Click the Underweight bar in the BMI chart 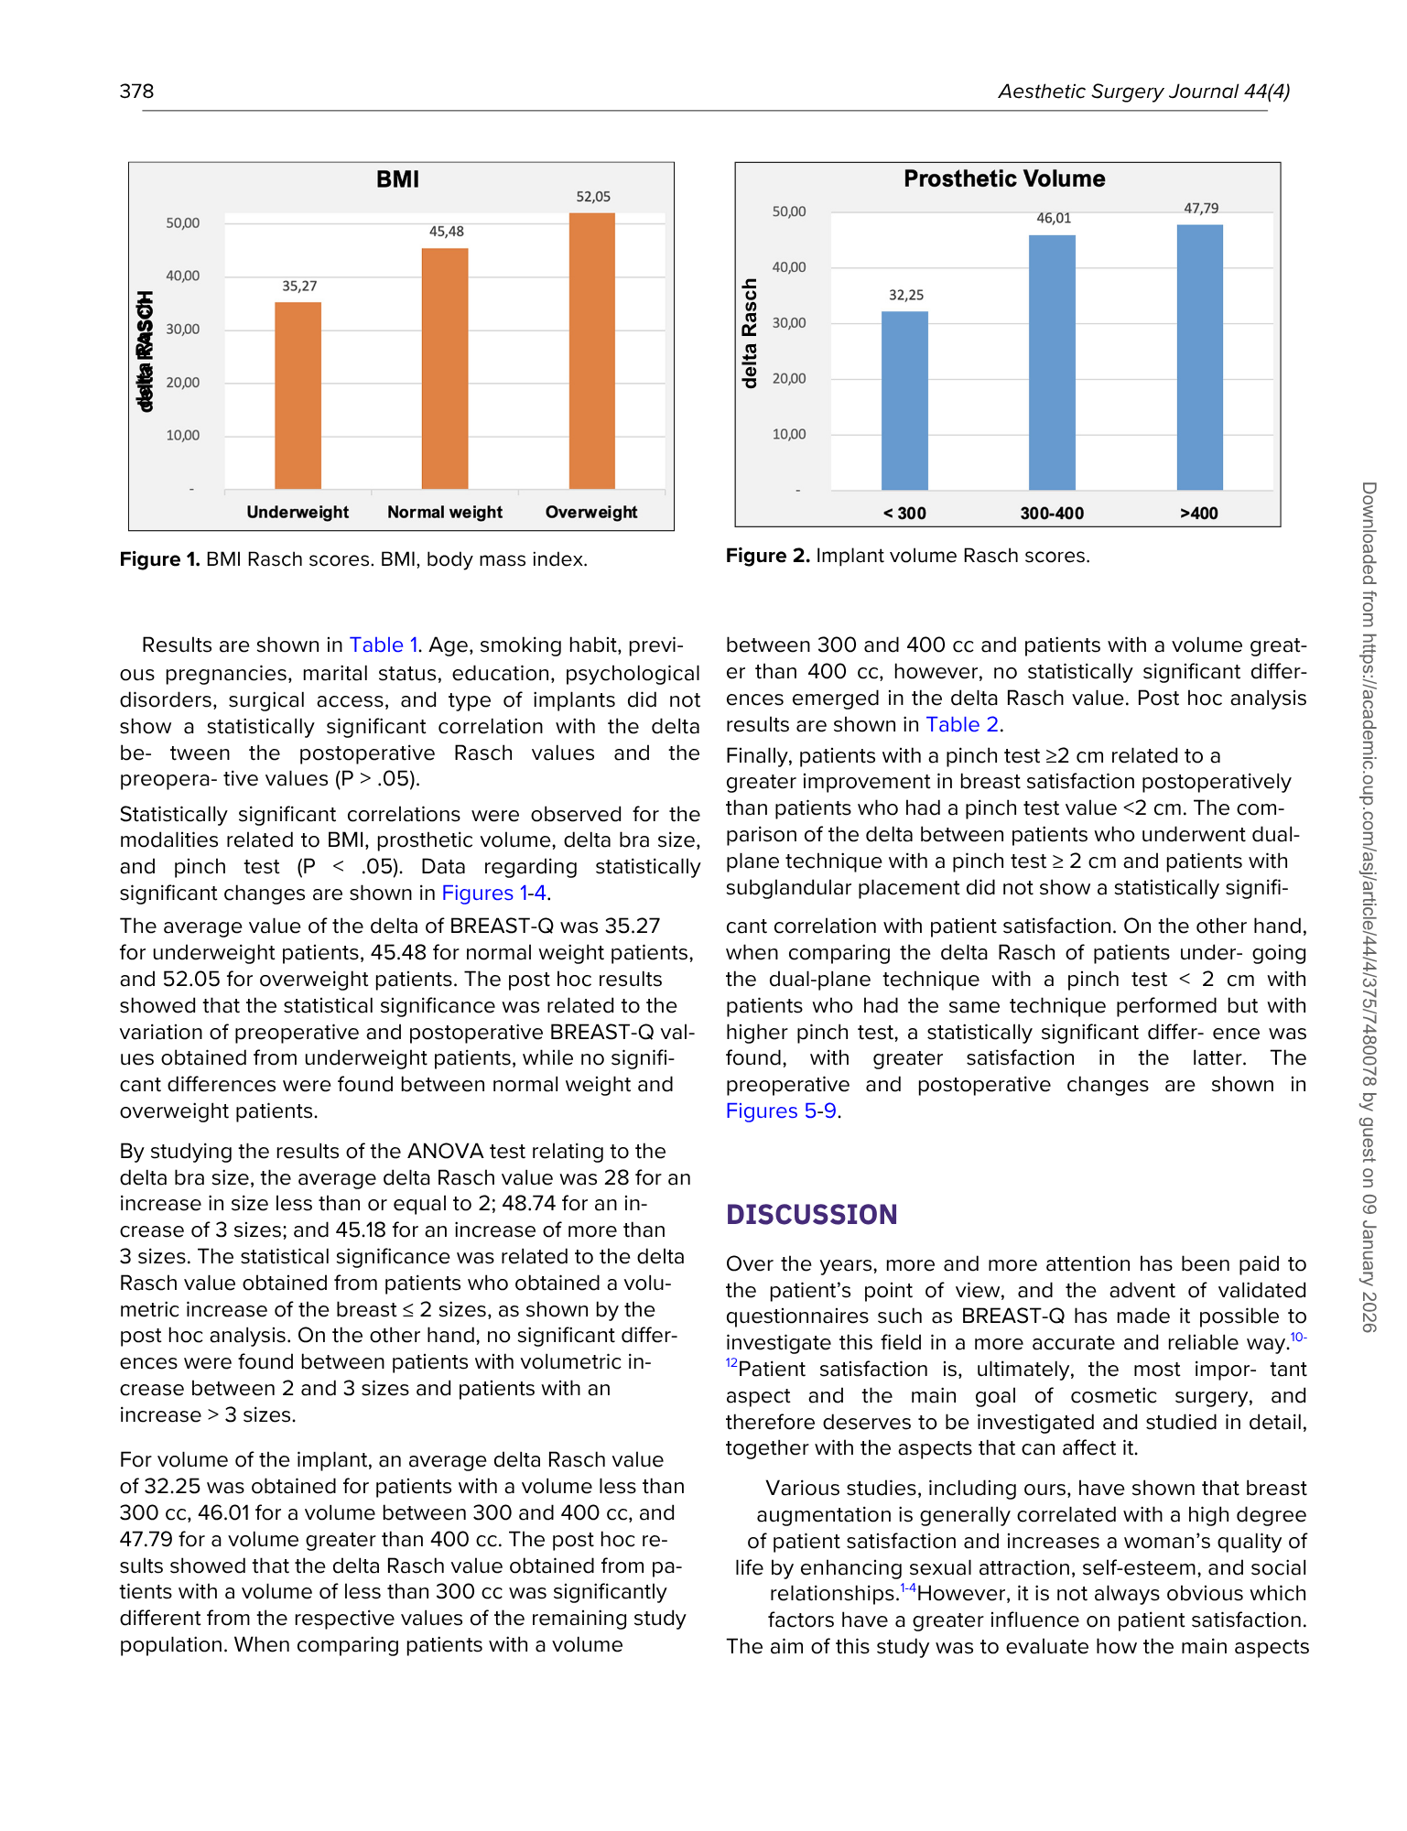point(298,395)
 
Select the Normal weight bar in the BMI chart point(445,368)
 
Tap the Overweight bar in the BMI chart point(591,351)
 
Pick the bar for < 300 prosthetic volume point(904,401)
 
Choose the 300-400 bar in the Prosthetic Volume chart point(1052,363)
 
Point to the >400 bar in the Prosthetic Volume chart point(1199,357)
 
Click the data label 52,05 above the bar point(593,197)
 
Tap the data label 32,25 point(906,295)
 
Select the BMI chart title point(397,179)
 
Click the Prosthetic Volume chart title point(1004,179)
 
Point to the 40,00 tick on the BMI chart point(182,276)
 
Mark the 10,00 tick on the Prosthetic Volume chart point(789,434)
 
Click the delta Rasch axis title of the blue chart point(751,333)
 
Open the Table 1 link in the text point(383,645)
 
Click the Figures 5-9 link point(781,1111)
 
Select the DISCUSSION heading point(811,1215)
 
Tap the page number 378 point(136,91)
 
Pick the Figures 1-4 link point(493,893)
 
